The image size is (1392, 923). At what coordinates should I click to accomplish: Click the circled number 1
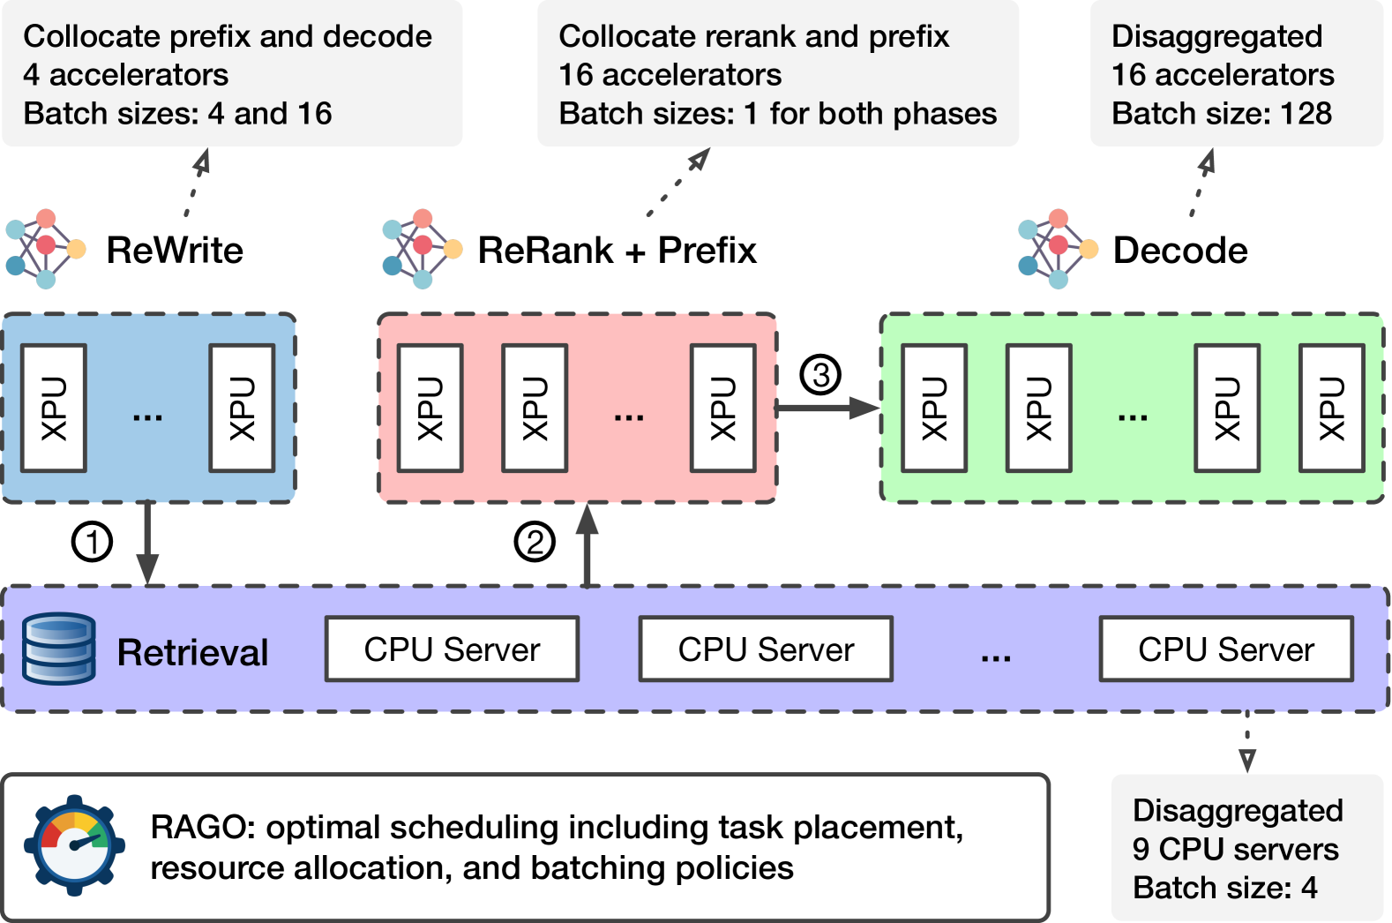click(92, 542)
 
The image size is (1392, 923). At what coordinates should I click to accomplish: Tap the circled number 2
click(535, 542)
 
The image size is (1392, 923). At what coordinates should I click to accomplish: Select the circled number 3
click(820, 375)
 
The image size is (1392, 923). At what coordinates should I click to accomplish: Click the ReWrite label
click(175, 250)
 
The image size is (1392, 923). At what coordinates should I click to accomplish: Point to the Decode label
click(1180, 250)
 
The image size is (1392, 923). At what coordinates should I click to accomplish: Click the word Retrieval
click(192, 652)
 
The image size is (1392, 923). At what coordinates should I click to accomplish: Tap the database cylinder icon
click(59, 649)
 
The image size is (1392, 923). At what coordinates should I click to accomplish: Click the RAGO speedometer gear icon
click(75, 845)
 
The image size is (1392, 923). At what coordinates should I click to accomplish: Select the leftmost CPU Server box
click(453, 649)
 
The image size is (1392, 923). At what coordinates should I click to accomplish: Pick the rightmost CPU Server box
click(1226, 649)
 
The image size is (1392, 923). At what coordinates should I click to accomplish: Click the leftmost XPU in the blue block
click(54, 409)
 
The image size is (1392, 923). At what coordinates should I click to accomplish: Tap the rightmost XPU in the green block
click(1332, 409)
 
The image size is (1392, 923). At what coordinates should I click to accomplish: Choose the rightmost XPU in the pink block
click(723, 409)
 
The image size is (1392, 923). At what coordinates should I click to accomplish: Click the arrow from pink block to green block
click(827, 409)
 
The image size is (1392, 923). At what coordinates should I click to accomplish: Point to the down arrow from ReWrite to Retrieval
click(147, 543)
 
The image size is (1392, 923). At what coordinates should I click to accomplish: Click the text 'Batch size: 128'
click(1222, 113)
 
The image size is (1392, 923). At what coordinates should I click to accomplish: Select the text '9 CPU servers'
click(1235, 849)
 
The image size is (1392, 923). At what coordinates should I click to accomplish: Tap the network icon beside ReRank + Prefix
click(422, 249)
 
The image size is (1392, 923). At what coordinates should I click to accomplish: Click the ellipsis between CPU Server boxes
click(996, 657)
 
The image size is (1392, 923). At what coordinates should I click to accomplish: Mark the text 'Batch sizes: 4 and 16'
click(177, 113)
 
